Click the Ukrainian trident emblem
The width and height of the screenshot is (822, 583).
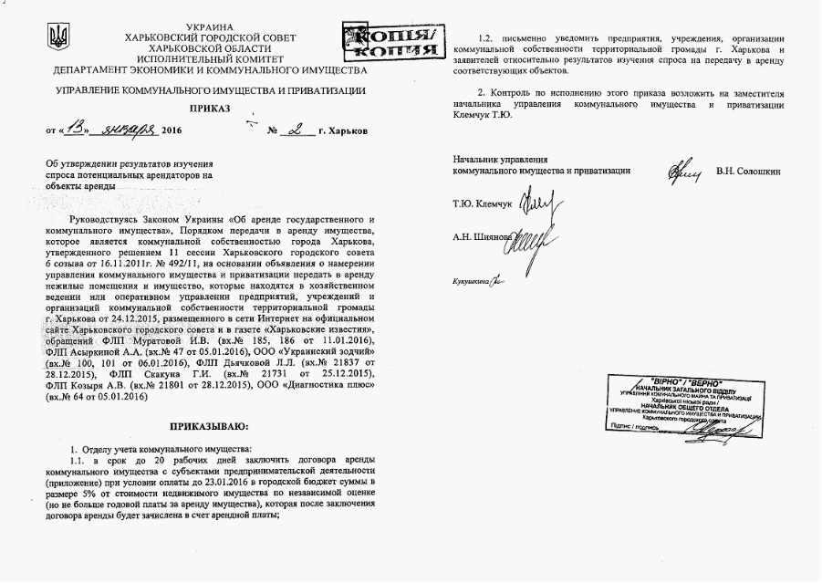point(57,37)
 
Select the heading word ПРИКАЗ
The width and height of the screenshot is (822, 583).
point(210,109)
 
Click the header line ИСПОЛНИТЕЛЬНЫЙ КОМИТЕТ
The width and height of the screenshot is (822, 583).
point(209,57)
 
